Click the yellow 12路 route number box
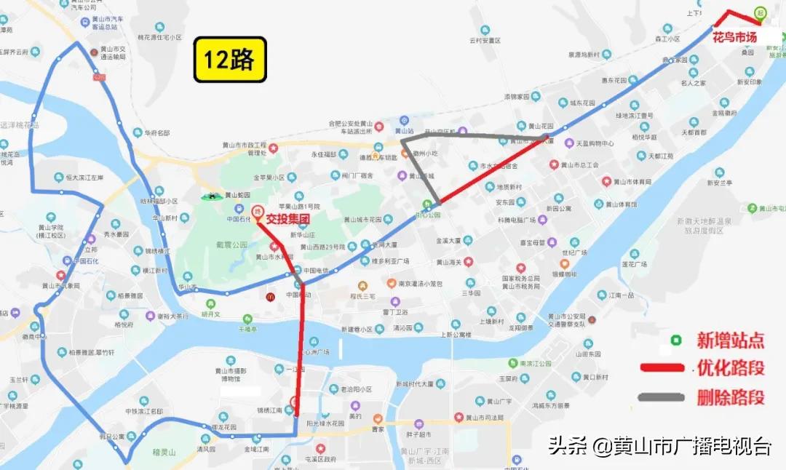click(x=229, y=60)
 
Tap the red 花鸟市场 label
click(x=734, y=37)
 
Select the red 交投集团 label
click(x=288, y=218)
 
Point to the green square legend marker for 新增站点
click(x=676, y=339)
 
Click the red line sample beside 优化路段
click(x=662, y=368)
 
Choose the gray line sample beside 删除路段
click(x=662, y=397)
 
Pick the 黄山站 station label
click(x=405, y=131)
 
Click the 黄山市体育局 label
click(x=631, y=183)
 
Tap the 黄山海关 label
click(x=453, y=262)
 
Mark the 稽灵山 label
click(x=165, y=453)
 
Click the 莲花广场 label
click(x=630, y=265)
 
